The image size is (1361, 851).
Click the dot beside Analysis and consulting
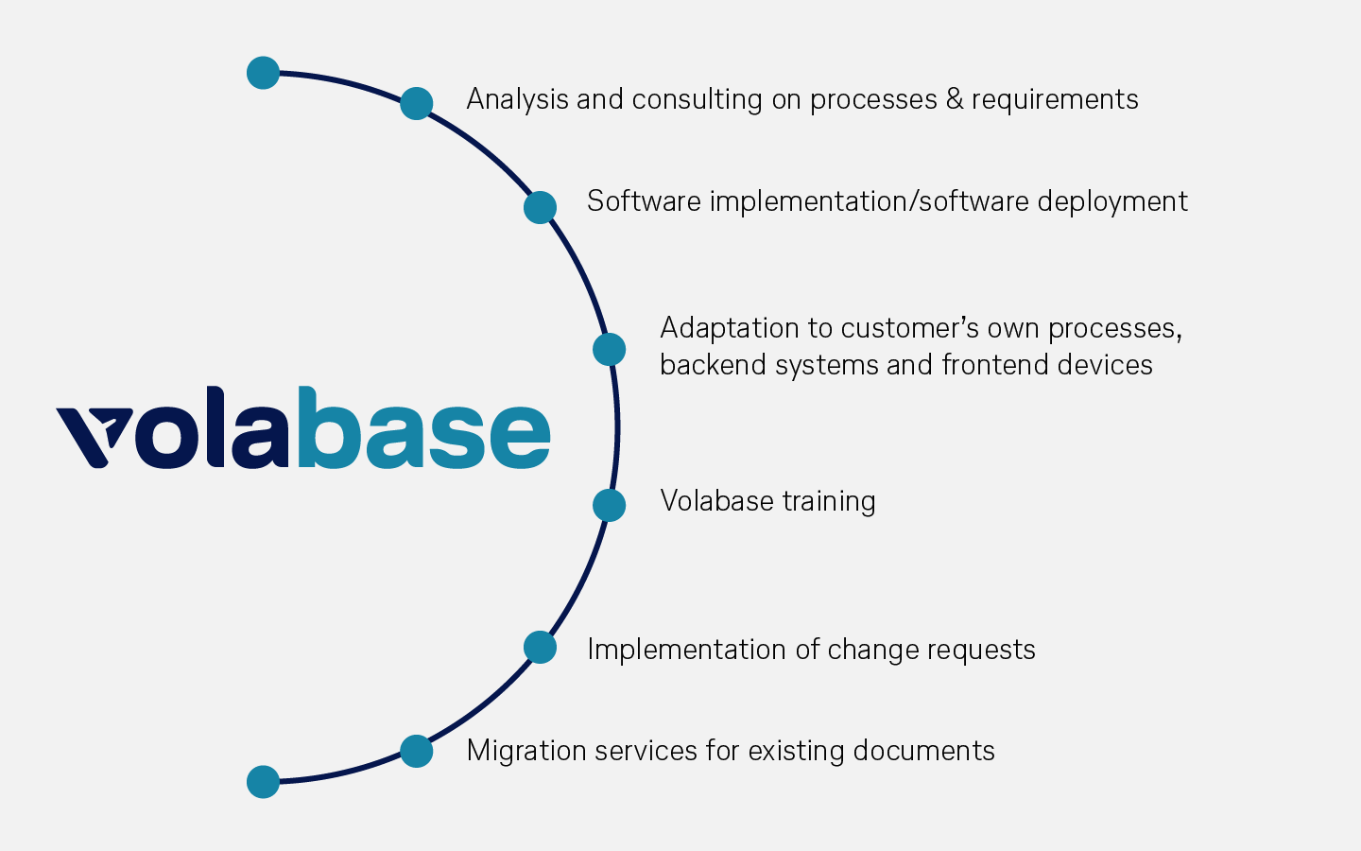[416, 103]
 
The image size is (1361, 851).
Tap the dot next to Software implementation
[540, 207]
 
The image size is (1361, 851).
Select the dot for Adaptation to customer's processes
[609, 349]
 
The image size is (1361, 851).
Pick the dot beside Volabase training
[609, 505]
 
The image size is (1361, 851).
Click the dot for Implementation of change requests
[540, 648]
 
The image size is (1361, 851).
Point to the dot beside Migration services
[416, 751]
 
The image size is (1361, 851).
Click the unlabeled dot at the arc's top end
[263, 73]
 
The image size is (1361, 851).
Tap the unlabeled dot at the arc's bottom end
[263, 782]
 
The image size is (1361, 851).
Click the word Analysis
[517, 99]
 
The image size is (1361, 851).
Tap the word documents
[922, 751]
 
